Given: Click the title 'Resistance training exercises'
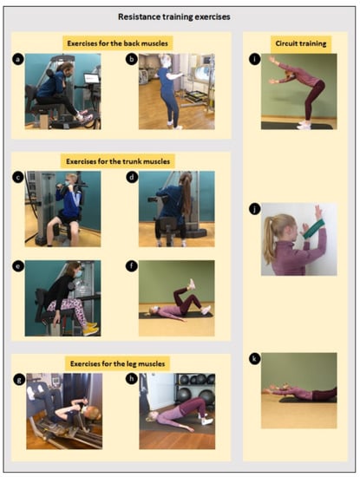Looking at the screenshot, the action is (x=174, y=16).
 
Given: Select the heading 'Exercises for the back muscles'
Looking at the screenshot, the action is (x=117, y=43).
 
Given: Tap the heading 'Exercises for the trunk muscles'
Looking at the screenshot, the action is (x=118, y=161).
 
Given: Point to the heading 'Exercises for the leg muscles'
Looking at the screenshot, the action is (x=117, y=364).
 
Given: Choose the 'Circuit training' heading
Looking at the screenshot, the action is (x=301, y=43).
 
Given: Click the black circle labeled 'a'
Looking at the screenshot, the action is (x=18, y=59).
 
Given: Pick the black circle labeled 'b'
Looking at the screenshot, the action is (x=132, y=59).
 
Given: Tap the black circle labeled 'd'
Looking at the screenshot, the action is (x=132, y=177).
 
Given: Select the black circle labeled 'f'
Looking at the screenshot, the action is (x=132, y=266).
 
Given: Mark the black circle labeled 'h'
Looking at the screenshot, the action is (x=132, y=379).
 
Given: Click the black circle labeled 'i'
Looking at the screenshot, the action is (x=255, y=59).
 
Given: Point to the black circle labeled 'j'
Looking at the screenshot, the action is (x=255, y=209).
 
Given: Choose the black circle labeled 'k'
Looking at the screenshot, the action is (x=255, y=359).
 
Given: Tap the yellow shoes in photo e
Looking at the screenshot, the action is (x=91, y=329).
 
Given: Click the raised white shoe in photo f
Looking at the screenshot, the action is (x=192, y=284).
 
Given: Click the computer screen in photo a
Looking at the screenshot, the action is (x=91, y=78).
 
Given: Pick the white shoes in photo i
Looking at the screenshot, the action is (x=304, y=125).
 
